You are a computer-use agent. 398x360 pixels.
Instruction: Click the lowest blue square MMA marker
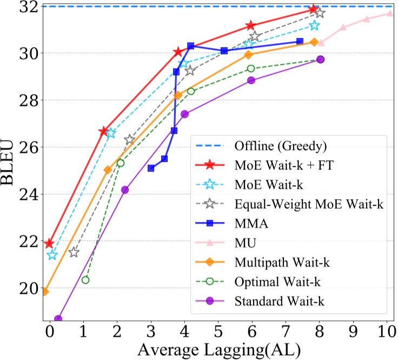pyautogui.click(x=151, y=168)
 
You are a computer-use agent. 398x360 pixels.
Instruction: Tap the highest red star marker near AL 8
pyautogui.click(x=313, y=9)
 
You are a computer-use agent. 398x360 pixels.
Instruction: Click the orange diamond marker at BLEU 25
pyautogui.click(x=108, y=169)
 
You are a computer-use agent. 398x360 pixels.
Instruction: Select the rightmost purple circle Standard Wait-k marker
pyautogui.click(x=320, y=60)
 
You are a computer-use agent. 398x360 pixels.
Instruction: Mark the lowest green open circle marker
pyautogui.click(x=85, y=280)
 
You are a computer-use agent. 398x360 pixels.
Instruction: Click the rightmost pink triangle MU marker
pyautogui.click(x=389, y=13)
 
